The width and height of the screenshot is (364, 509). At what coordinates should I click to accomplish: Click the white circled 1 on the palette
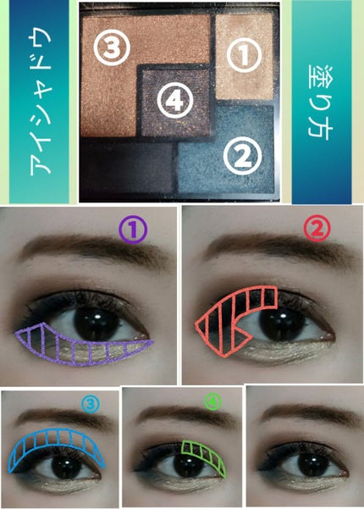point(244,54)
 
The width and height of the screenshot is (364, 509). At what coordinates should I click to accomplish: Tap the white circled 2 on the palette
point(242,157)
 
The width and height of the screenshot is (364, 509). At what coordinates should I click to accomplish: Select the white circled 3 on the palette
point(112,47)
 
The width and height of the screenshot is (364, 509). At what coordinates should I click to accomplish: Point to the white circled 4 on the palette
point(175,99)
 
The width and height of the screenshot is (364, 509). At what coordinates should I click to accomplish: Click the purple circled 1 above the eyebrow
point(133,230)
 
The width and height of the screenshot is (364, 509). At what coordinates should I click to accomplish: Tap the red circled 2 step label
point(317,230)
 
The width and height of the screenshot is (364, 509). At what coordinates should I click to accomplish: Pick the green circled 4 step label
point(212,402)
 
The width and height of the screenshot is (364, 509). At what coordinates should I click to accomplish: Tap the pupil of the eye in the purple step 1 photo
point(97,320)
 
